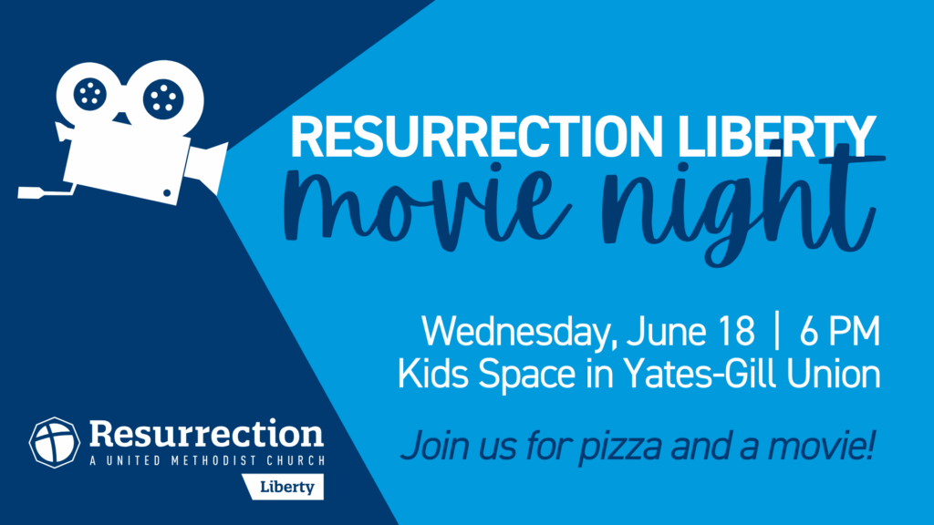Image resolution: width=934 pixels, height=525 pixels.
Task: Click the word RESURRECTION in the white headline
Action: [x=476, y=137]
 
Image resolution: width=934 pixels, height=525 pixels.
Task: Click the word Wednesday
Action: [x=517, y=332]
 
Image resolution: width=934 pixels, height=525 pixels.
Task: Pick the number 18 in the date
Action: [x=736, y=331]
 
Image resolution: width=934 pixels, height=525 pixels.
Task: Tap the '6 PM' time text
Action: [x=840, y=331]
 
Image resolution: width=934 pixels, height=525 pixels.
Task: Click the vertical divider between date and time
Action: [x=777, y=331]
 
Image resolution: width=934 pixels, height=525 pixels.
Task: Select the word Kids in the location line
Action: [x=435, y=374]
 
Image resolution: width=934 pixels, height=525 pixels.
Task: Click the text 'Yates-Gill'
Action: [x=700, y=374]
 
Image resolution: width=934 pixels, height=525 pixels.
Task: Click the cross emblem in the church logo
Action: [x=55, y=442]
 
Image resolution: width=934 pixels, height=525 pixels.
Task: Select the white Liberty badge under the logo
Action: [x=284, y=487]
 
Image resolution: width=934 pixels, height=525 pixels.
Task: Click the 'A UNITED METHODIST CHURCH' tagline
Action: [x=207, y=460]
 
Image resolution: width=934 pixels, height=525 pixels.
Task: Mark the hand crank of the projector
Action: [x=47, y=191]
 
